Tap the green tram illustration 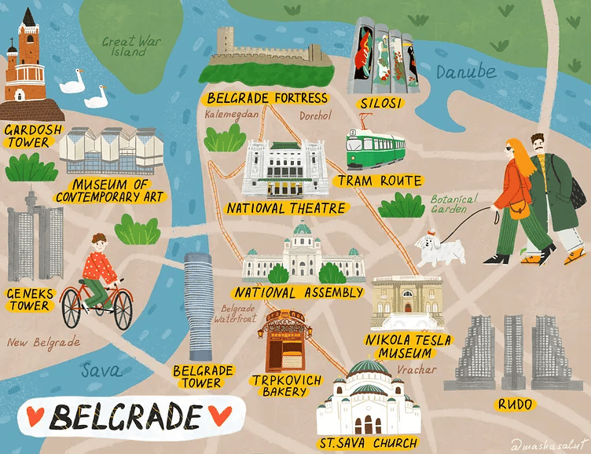pos(376,147)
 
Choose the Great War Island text pos(130,46)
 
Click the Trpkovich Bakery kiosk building pos(284,342)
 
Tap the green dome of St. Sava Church pos(368,370)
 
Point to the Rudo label pos(514,405)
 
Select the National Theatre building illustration pos(284,169)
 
